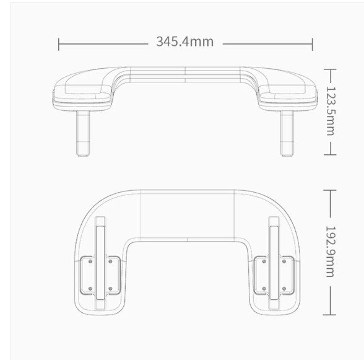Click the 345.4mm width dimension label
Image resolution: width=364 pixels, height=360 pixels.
tap(185, 42)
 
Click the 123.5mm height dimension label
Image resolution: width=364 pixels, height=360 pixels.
tap(331, 111)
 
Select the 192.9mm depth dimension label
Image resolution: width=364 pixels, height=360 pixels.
tap(331, 252)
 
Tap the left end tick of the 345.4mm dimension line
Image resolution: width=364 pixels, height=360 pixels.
tap(58, 44)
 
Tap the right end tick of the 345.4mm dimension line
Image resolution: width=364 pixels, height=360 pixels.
tap(312, 44)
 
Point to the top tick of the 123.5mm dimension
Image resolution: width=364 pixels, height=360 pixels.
tap(330, 69)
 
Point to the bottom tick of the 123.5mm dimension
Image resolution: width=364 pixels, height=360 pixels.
tap(330, 154)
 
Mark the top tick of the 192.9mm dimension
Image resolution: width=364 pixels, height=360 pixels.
tap(329, 190)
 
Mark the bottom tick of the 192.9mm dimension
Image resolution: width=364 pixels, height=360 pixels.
tap(329, 315)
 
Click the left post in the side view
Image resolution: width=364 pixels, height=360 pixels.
tap(83, 133)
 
